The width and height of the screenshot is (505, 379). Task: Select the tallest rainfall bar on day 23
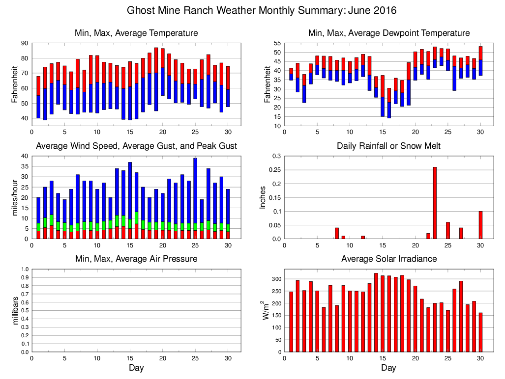click(x=435, y=203)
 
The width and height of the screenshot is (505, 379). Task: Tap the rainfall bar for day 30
click(x=480, y=225)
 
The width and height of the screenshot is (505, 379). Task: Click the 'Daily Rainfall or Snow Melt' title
click(x=388, y=146)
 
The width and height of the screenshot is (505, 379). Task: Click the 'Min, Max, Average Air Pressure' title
click(x=136, y=259)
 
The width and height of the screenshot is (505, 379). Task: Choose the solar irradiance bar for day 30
click(x=480, y=332)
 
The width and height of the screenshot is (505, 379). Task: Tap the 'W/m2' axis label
click(x=267, y=310)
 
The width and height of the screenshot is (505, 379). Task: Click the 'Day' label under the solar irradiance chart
click(x=388, y=368)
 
